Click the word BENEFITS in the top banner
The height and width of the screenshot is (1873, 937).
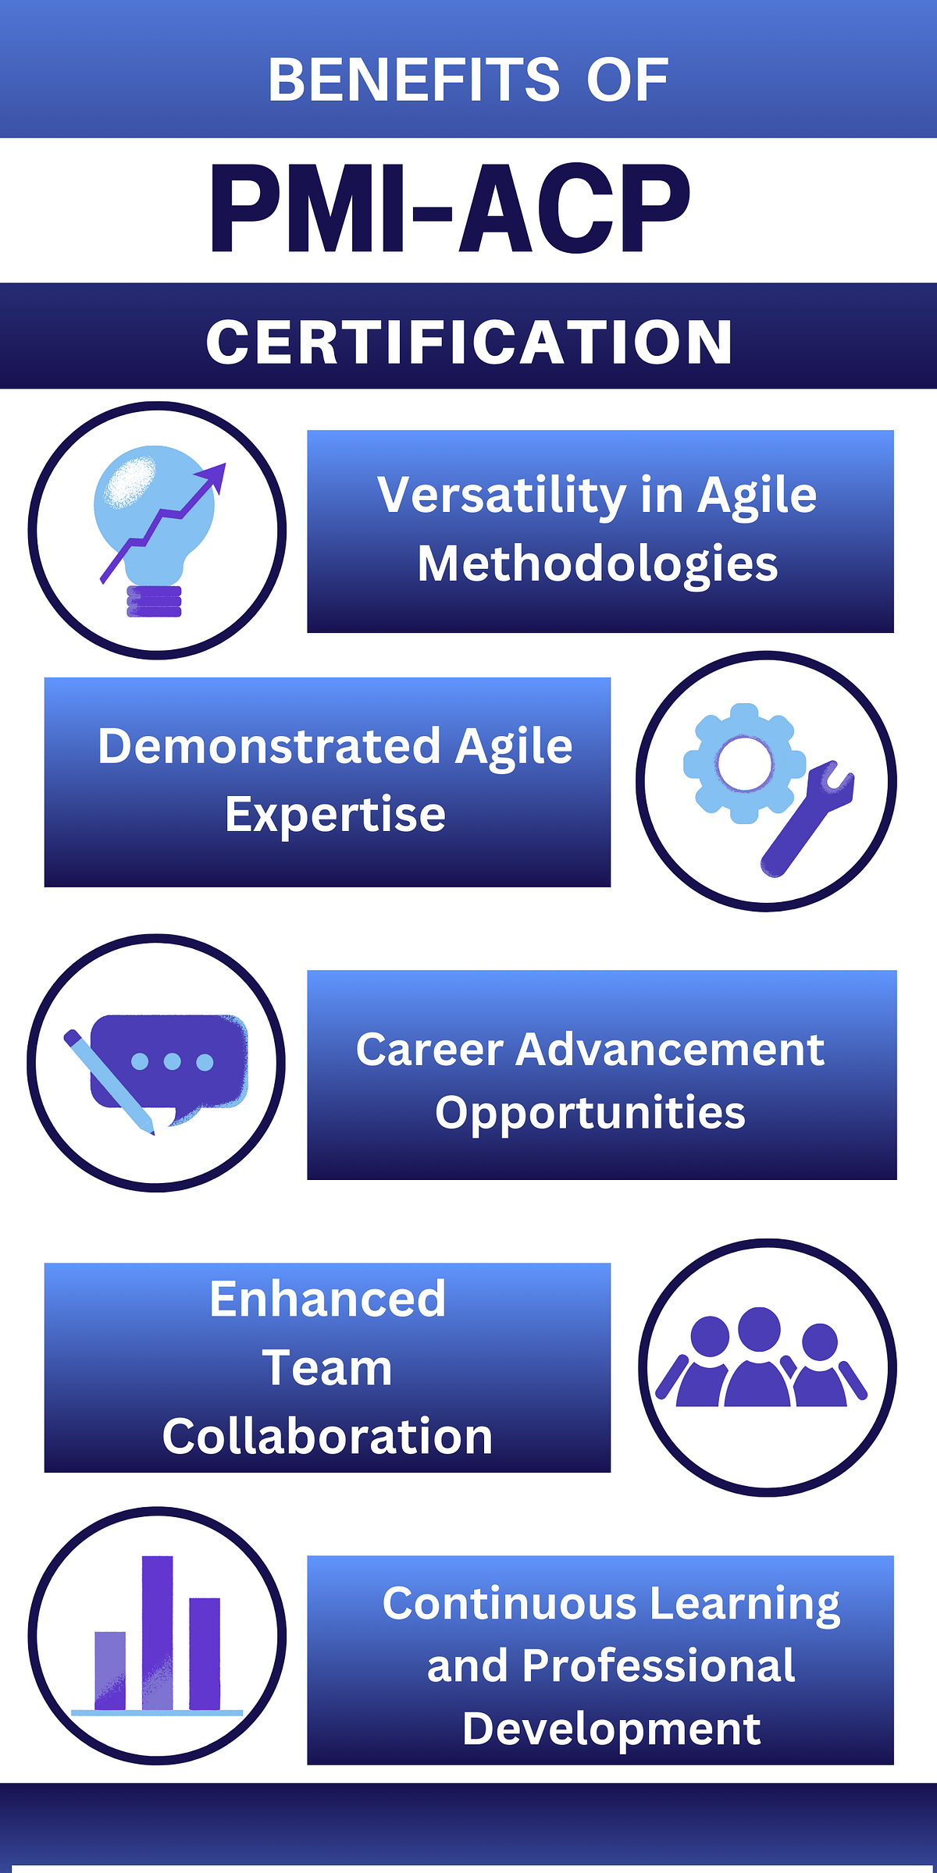(x=414, y=80)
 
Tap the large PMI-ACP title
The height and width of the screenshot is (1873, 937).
(x=450, y=209)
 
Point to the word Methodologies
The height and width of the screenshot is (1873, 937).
(x=597, y=563)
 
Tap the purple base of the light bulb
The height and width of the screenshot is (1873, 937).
(x=155, y=602)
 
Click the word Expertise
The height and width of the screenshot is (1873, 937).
(x=335, y=815)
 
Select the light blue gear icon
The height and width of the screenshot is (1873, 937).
(x=743, y=763)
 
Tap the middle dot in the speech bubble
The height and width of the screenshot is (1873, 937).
(x=173, y=1061)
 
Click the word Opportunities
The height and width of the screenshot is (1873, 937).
(x=590, y=1112)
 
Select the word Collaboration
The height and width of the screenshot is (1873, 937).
(x=327, y=1437)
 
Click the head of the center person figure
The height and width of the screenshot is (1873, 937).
(x=759, y=1328)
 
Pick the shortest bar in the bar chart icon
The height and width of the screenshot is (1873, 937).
(x=110, y=1670)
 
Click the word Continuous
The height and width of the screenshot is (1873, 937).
(x=509, y=1605)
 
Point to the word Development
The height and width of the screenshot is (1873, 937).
(x=611, y=1729)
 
